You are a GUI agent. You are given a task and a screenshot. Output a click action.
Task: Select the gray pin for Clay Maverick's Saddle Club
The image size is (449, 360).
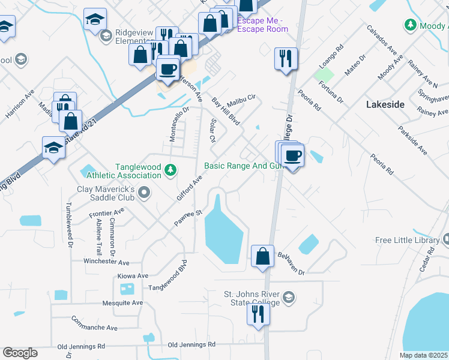pyautogui.click(x=143, y=193)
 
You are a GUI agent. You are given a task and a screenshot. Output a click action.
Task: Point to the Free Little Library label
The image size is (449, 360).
pyautogui.click(x=408, y=240)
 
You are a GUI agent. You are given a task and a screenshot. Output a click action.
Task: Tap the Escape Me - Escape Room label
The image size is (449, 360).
pyautogui.click(x=263, y=24)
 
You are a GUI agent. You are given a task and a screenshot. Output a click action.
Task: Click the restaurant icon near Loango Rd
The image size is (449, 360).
pyautogui.click(x=285, y=59)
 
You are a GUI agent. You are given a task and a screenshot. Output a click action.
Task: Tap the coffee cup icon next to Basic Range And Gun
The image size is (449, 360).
pyautogui.click(x=292, y=156)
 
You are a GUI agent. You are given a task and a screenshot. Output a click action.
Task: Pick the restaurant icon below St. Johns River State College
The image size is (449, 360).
pyautogui.click(x=258, y=314)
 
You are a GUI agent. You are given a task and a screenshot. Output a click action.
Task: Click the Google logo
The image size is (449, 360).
pyautogui.click(x=20, y=353)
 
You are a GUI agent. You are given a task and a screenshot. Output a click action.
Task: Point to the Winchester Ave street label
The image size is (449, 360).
pyautogui.click(x=107, y=263)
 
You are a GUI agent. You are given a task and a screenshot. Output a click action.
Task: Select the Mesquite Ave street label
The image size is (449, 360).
pyautogui.click(x=122, y=303)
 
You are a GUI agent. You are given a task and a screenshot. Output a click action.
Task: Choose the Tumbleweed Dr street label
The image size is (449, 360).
pyautogui.click(x=69, y=225)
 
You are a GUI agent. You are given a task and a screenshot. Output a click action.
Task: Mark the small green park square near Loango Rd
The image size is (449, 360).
pyautogui.click(x=324, y=75)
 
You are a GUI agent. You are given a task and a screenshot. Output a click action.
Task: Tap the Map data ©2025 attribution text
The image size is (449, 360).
pyautogui.click(x=423, y=355)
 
